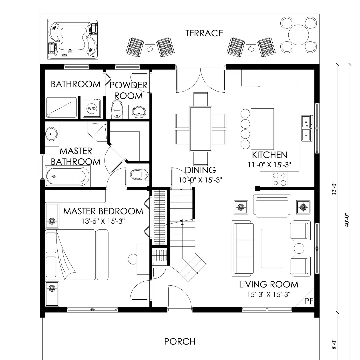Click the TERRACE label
(x=204, y=33)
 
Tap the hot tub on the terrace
(x=73, y=39)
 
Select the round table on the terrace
(x=298, y=35)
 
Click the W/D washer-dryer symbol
(x=91, y=108)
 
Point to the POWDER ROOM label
(x=128, y=90)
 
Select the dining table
(x=200, y=129)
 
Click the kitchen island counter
(x=262, y=129)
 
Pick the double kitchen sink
(x=307, y=128)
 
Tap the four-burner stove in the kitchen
(x=279, y=179)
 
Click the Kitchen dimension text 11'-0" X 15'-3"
(x=270, y=165)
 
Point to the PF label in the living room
(x=309, y=301)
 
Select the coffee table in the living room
(x=272, y=248)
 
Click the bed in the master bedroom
(x=77, y=255)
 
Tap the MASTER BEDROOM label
(x=103, y=211)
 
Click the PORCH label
(x=180, y=342)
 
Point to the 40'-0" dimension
(x=347, y=220)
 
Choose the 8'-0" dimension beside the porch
(x=334, y=344)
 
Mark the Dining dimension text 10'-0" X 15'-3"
(x=200, y=180)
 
